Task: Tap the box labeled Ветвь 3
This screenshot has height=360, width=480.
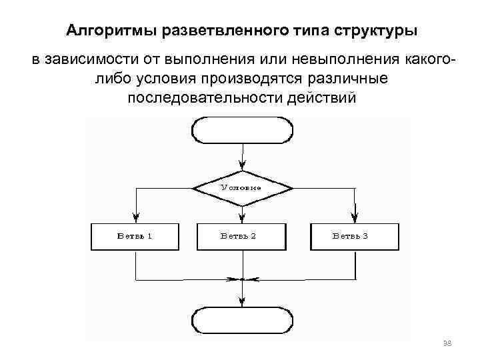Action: tap(354, 236)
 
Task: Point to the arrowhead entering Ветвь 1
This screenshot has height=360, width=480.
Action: tap(136, 217)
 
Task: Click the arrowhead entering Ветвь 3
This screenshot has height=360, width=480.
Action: tap(354, 217)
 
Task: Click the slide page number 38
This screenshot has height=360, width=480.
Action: tap(447, 343)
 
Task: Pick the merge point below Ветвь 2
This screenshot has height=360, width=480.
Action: tap(241, 279)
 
